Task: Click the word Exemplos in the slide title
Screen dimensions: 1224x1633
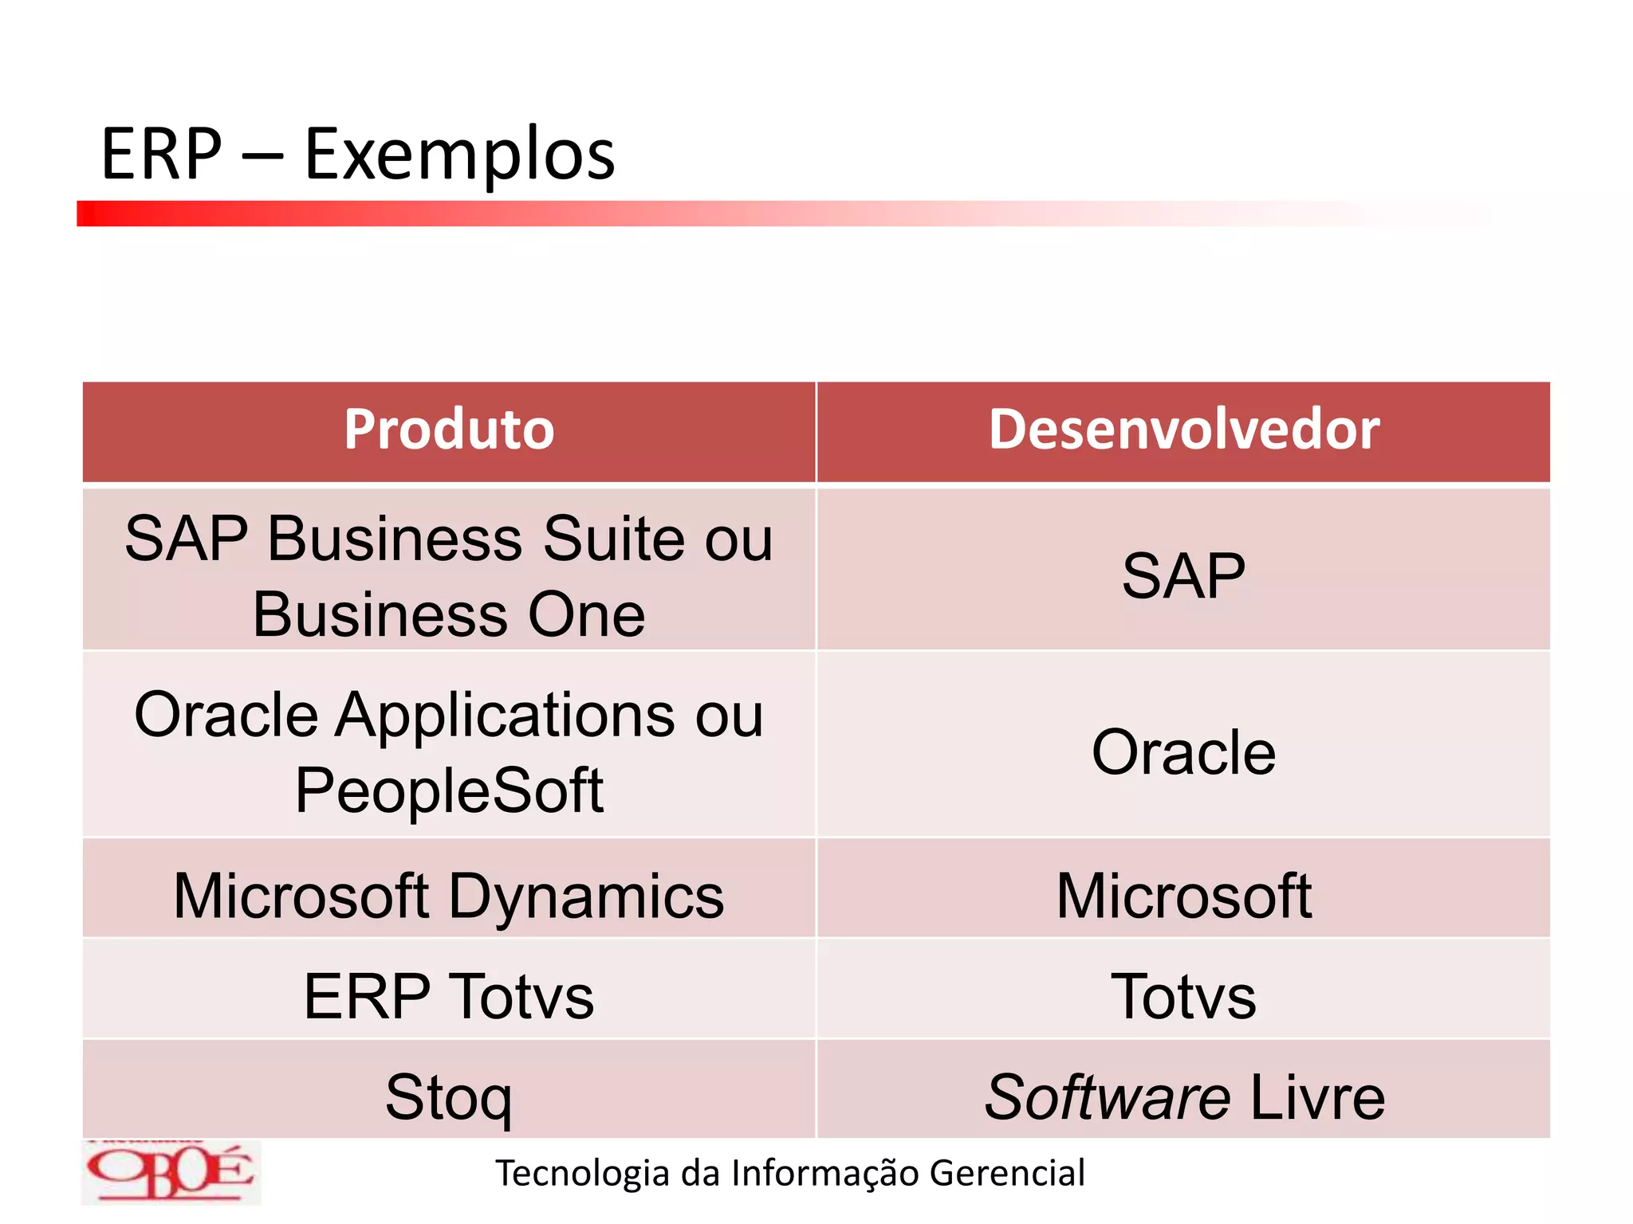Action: pyautogui.click(x=459, y=155)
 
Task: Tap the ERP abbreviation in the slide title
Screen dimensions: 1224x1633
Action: pyautogui.click(x=162, y=155)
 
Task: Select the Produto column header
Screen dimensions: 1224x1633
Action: pyautogui.click(x=449, y=430)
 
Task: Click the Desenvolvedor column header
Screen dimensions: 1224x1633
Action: pyautogui.click(x=1184, y=430)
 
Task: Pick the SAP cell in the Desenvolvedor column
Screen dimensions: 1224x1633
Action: pyautogui.click(x=1183, y=575)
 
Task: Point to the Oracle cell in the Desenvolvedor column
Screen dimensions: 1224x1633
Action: pyautogui.click(x=1183, y=751)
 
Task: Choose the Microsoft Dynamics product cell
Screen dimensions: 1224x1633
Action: pyautogui.click(x=449, y=896)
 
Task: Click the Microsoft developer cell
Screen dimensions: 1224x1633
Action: pyautogui.click(x=1183, y=896)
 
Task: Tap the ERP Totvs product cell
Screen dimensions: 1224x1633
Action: pyautogui.click(x=449, y=996)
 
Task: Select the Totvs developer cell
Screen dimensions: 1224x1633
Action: pyautogui.click(x=1183, y=996)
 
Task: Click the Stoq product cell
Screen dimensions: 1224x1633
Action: pyautogui.click(x=449, y=1097)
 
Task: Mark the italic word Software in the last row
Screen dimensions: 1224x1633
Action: pyautogui.click(x=1108, y=1097)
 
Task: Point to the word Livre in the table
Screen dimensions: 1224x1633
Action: pyautogui.click(x=1317, y=1097)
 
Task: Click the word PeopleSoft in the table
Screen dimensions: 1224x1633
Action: pyautogui.click(x=449, y=790)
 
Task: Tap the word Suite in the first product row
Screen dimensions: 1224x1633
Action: pyautogui.click(x=613, y=539)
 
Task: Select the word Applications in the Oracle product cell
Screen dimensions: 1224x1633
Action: pyautogui.click(x=506, y=714)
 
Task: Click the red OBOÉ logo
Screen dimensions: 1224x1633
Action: pyautogui.click(x=171, y=1172)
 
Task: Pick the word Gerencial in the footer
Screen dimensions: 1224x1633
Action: pyautogui.click(x=1007, y=1173)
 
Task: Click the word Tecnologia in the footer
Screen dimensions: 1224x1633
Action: pyautogui.click(x=583, y=1173)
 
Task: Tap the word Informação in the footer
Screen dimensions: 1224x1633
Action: pyautogui.click(x=825, y=1173)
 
